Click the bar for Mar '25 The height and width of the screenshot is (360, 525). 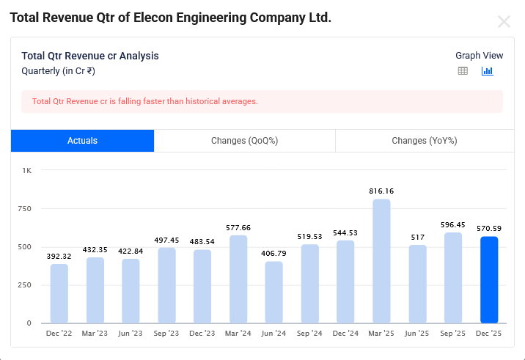click(381, 261)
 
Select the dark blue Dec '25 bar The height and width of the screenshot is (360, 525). click(489, 279)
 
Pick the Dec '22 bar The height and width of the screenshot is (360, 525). click(59, 293)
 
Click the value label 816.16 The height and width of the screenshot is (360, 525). click(381, 191)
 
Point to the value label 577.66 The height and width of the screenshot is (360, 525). click(238, 227)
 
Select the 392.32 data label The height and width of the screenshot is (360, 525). click(59, 256)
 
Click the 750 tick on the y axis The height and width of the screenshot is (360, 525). click(26, 208)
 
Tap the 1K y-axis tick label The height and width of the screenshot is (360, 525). click(27, 170)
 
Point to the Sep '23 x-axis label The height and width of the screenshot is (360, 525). click(166, 334)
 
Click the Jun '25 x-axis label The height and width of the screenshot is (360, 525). click(417, 334)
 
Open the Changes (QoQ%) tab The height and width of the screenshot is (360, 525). click(244, 141)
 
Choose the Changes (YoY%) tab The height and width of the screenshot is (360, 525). click(425, 141)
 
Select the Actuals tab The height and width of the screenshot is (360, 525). click(82, 141)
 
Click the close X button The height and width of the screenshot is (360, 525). click(504, 22)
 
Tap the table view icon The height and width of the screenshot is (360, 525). click(463, 71)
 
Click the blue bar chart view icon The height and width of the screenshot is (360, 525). click(487, 71)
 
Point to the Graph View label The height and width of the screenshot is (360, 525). click(479, 56)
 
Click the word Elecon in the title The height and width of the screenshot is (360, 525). click(155, 18)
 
